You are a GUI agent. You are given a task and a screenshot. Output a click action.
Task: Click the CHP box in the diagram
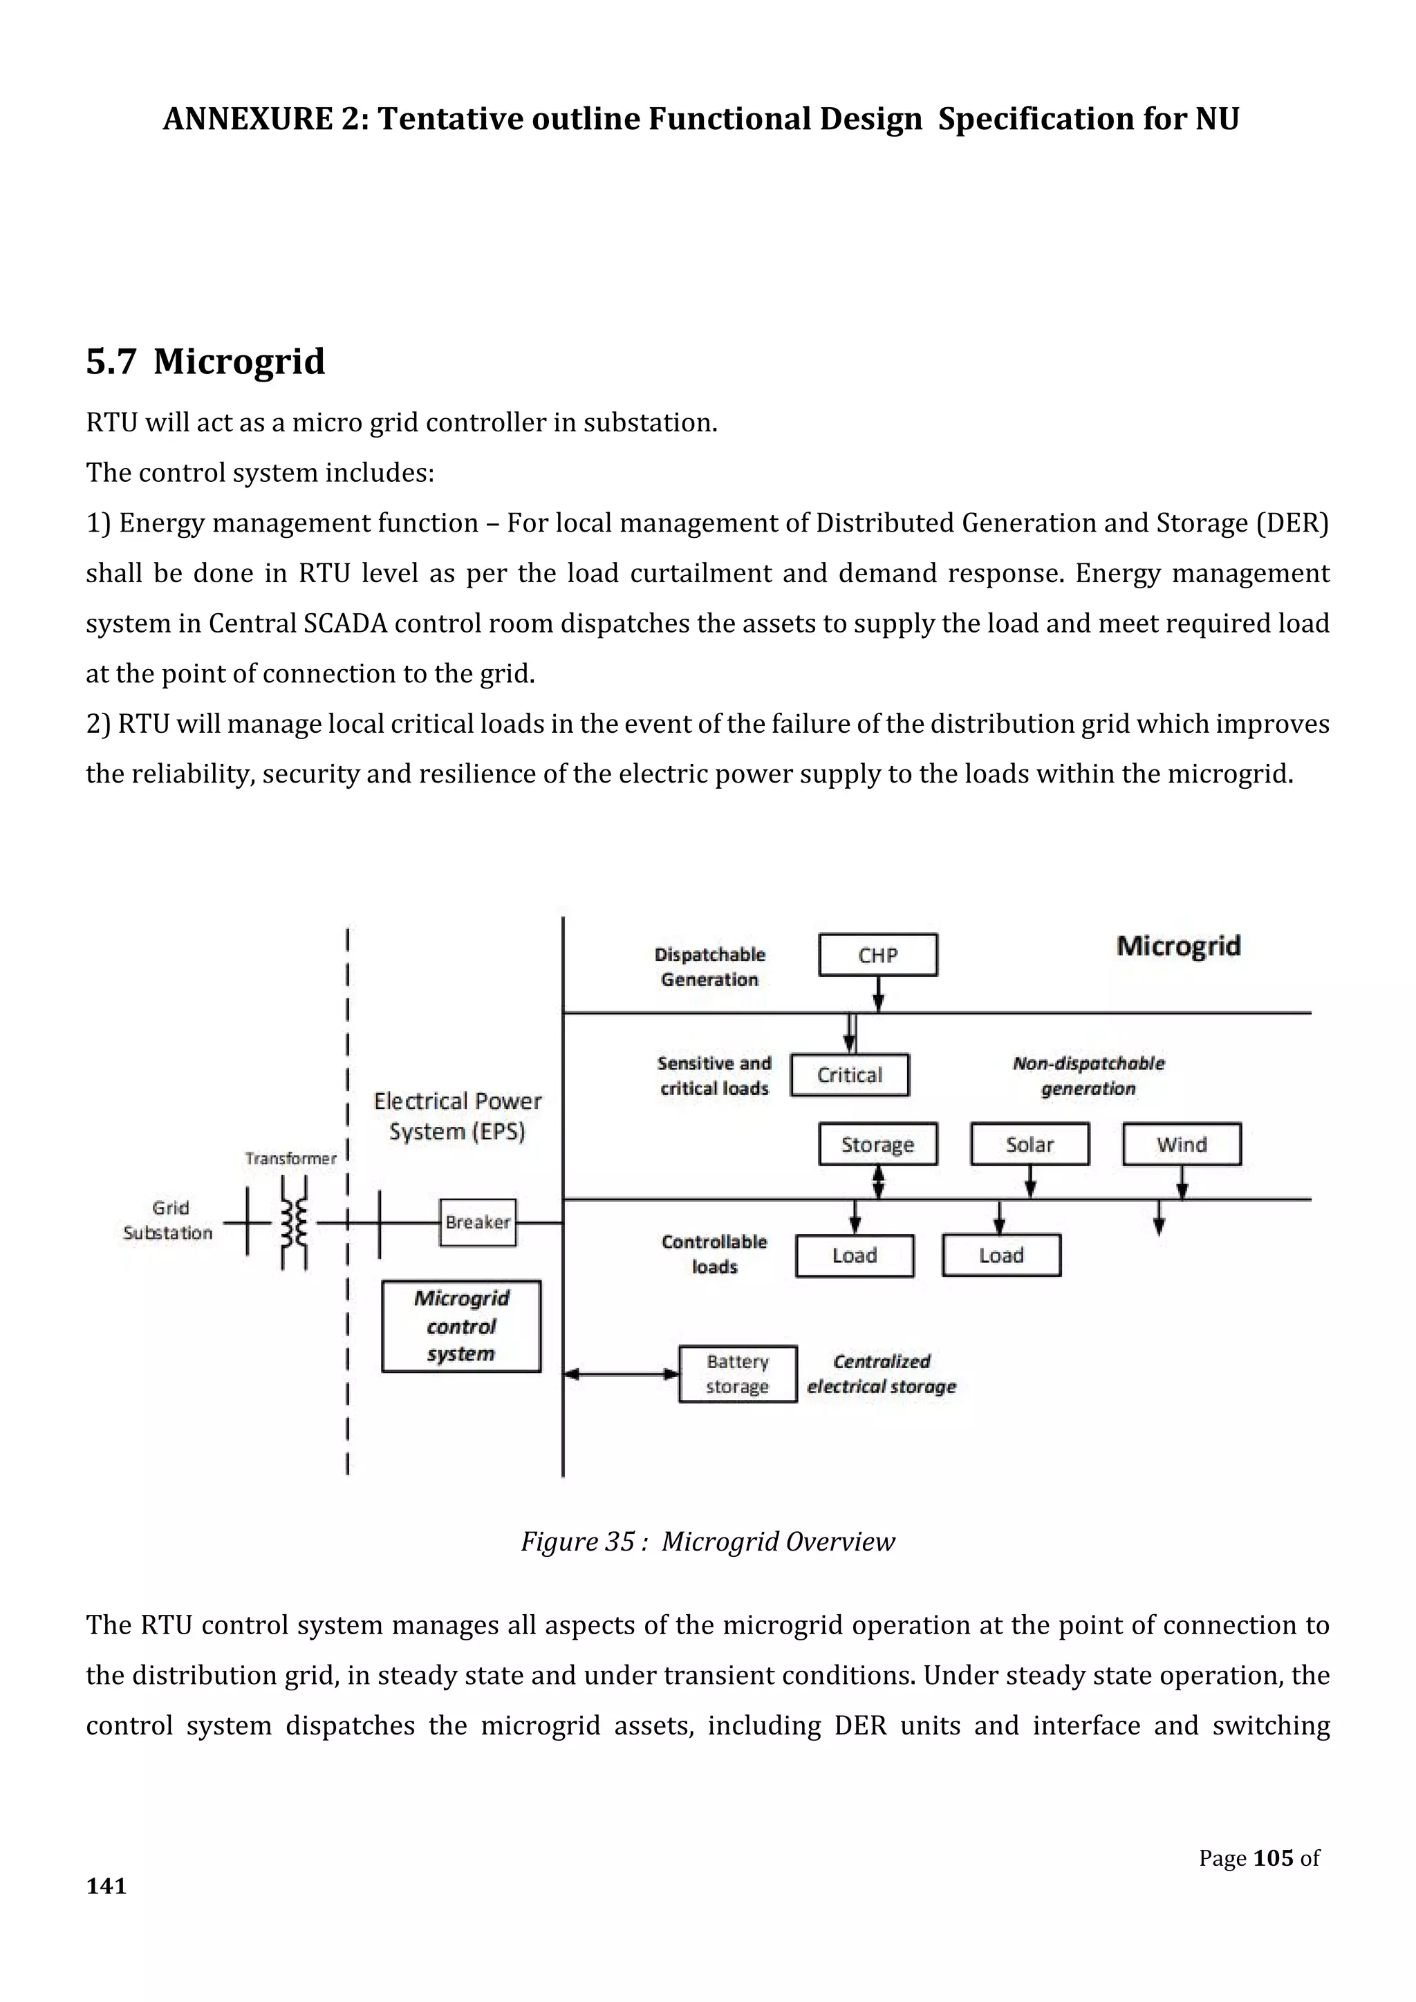tap(877, 955)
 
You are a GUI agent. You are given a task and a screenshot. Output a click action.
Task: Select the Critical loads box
tap(849, 1074)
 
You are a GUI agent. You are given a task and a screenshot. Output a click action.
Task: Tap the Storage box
tap(877, 1144)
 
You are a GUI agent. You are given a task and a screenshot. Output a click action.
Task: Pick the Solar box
tap(1029, 1144)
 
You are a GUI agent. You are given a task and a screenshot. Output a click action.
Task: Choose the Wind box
tap(1181, 1144)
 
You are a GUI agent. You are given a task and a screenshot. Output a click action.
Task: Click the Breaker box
tap(477, 1222)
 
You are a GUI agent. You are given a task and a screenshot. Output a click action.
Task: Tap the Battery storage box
tap(738, 1374)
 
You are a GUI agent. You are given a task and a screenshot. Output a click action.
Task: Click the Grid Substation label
tap(167, 1220)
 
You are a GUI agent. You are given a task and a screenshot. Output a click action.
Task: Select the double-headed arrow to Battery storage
tap(621, 1374)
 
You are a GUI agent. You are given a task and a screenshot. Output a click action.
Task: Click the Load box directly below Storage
tap(855, 1255)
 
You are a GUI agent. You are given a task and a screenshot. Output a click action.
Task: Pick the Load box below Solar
tap(1001, 1255)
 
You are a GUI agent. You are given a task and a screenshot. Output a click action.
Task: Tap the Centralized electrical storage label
tap(881, 1374)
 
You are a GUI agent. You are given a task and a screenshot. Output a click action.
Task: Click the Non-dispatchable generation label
tap(1088, 1075)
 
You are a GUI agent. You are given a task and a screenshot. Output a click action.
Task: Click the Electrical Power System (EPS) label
tap(457, 1116)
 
